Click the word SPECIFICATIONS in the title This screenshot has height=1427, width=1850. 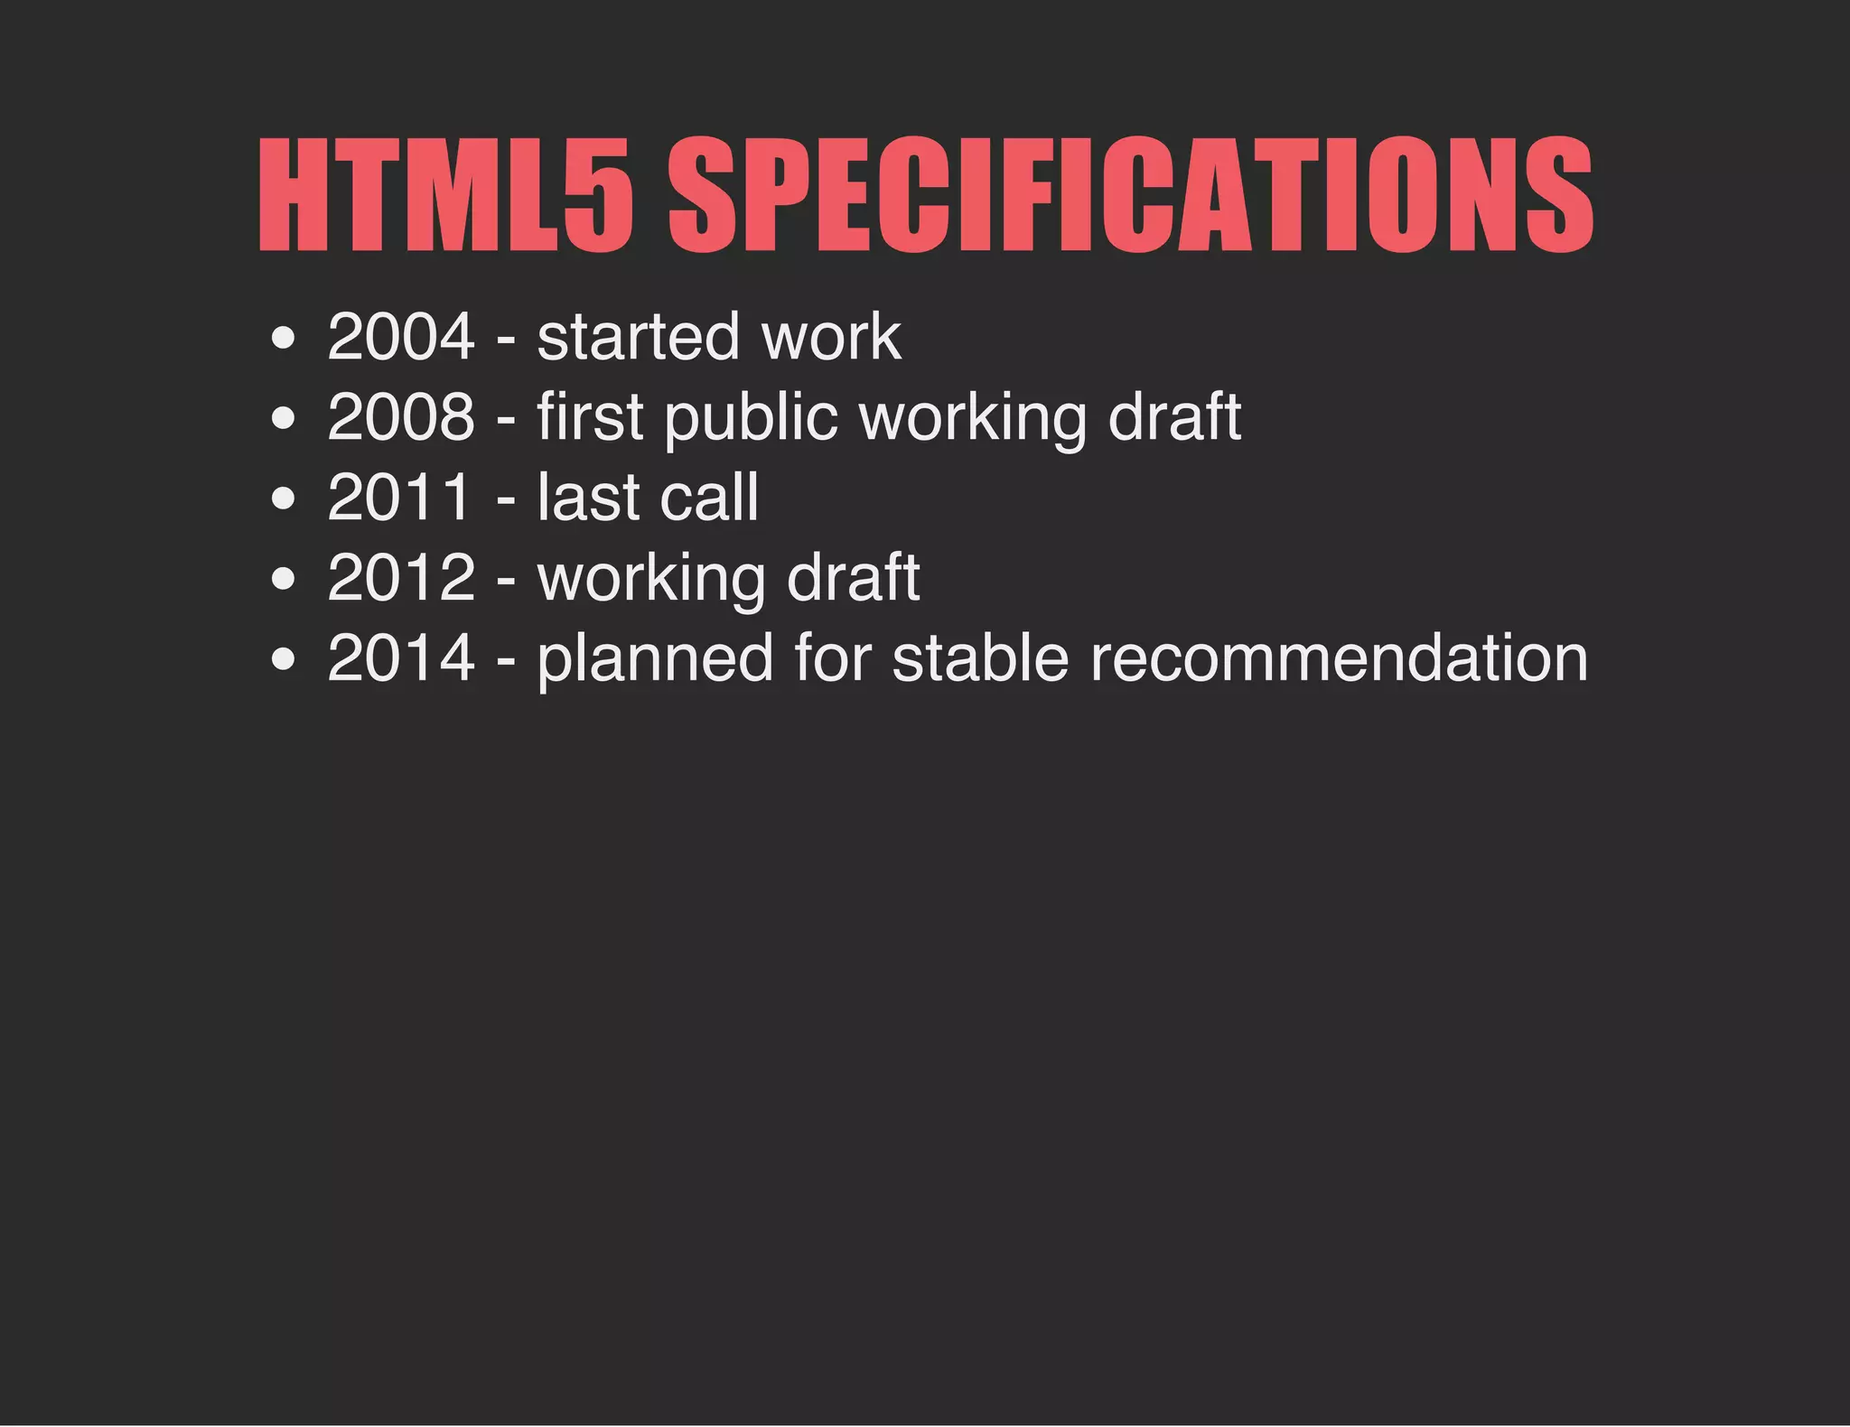pos(1130,195)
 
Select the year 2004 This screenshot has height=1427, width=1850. pos(401,337)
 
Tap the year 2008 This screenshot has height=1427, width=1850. pos(401,417)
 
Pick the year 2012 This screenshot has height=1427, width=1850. pos(401,578)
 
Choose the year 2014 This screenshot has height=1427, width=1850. pos(401,658)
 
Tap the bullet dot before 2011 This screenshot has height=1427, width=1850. pos(283,499)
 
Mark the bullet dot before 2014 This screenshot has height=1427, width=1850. pos(283,660)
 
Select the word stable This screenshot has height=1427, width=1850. pos(980,658)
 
